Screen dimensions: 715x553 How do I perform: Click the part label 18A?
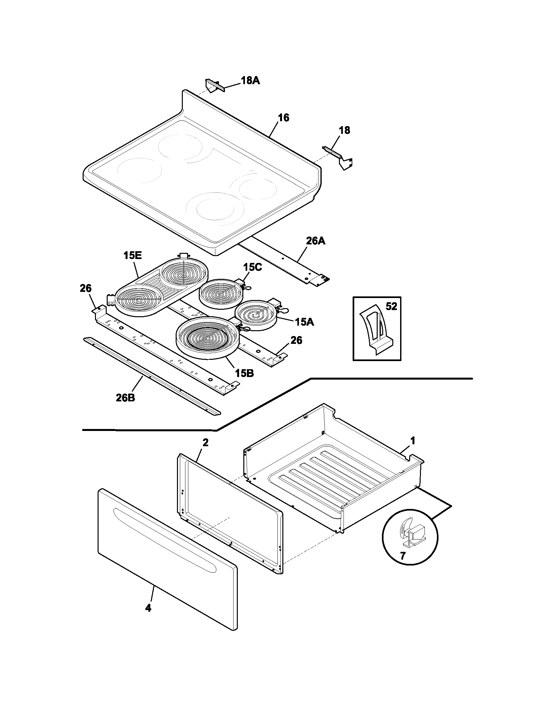[250, 81]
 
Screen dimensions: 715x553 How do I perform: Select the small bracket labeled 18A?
[214, 86]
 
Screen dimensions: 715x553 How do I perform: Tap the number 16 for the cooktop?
[284, 118]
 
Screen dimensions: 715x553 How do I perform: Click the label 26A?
[316, 241]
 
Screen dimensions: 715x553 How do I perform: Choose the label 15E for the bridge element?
[132, 256]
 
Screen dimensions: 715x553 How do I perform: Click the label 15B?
[244, 373]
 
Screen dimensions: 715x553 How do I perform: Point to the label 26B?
[126, 398]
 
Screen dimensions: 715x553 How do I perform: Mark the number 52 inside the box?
[391, 306]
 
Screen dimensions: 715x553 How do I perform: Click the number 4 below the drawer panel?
[148, 608]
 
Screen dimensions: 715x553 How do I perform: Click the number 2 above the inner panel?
[205, 443]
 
